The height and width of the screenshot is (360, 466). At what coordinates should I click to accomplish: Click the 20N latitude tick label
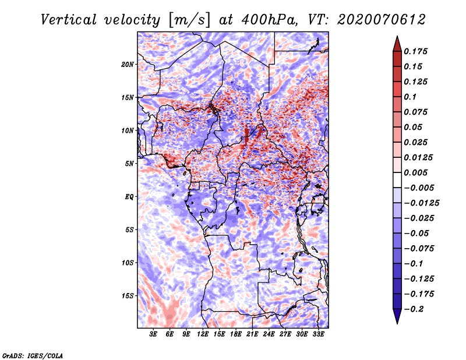pyautogui.click(x=128, y=65)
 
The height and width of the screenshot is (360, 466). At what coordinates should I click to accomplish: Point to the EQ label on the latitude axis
pyautogui.click(x=129, y=197)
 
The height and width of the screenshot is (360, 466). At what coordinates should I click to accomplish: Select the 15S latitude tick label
pyautogui.click(x=128, y=296)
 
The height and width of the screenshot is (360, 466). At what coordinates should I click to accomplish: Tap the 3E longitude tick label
pyautogui.click(x=153, y=334)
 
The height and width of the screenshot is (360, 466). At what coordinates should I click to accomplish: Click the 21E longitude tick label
pyautogui.click(x=252, y=334)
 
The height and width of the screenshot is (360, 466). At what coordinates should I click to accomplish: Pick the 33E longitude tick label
pyautogui.click(x=318, y=334)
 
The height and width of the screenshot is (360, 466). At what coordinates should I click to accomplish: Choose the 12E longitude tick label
pyautogui.click(x=203, y=334)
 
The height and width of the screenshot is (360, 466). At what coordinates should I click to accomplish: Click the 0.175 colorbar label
pyautogui.click(x=415, y=51)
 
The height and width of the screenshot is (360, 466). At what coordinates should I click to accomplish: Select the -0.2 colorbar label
pyautogui.click(x=414, y=309)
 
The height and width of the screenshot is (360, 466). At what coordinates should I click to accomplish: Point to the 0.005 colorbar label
pyautogui.click(x=415, y=172)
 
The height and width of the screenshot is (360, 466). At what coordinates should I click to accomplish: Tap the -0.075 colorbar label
pyautogui.click(x=419, y=249)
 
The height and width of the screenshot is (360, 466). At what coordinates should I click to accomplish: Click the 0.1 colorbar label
pyautogui.click(x=410, y=97)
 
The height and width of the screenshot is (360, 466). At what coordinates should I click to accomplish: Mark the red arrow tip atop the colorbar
pyautogui.click(x=397, y=36)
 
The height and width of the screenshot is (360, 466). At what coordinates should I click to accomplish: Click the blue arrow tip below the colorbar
pyautogui.click(x=397, y=323)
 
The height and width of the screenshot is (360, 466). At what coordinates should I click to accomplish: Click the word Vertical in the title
pyautogui.click(x=69, y=20)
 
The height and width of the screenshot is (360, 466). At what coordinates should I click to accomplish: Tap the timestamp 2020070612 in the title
pyautogui.click(x=382, y=20)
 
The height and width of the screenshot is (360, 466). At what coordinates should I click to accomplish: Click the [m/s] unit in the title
pyautogui.click(x=189, y=20)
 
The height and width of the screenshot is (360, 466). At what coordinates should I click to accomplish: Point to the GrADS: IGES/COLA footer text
pyautogui.click(x=33, y=355)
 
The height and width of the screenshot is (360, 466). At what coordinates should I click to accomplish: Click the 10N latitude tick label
pyautogui.click(x=128, y=131)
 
